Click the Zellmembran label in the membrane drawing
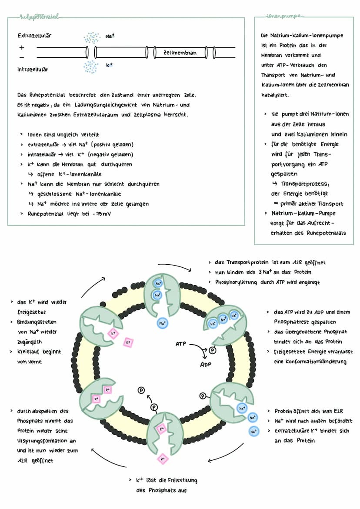pyautogui.click(x=180, y=53)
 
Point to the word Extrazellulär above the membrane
pyautogui.click(x=34, y=36)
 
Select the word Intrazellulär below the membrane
pyautogui.click(x=33, y=69)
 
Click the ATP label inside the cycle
pyautogui.click(x=180, y=343)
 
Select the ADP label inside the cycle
pyautogui.click(x=205, y=364)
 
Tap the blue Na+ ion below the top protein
pyautogui.click(x=162, y=323)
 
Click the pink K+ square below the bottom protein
pyautogui.click(x=162, y=458)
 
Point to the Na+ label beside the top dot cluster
pyautogui.click(x=110, y=36)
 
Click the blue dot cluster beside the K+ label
pyautogui.click(x=91, y=67)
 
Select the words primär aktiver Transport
pyautogui.click(x=312, y=203)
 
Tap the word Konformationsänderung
pyautogui.click(x=310, y=362)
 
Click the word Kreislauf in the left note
pyautogui.click(x=30, y=351)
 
